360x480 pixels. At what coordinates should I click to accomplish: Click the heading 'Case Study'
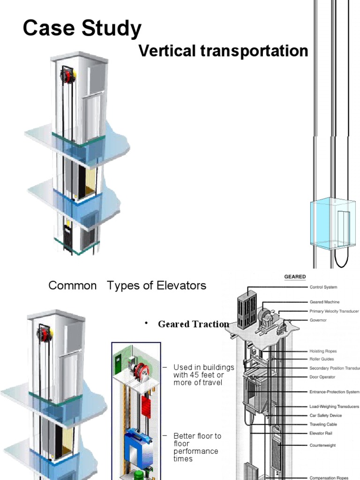click(82, 28)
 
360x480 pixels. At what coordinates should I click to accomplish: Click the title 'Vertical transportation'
click(223, 51)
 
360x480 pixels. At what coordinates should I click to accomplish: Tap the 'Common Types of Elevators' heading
click(127, 285)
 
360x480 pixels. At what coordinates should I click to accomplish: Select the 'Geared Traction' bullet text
click(193, 324)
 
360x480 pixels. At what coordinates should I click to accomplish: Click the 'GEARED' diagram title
click(295, 277)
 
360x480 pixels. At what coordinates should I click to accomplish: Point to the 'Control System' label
click(323, 287)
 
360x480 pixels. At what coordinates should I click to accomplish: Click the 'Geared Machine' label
click(324, 302)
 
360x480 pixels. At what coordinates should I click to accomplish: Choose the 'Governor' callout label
click(318, 320)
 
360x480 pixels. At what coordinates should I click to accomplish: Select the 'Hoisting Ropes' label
click(323, 351)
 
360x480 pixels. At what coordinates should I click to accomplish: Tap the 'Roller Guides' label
click(322, 360)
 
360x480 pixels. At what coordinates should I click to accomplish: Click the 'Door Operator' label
click(322, 376)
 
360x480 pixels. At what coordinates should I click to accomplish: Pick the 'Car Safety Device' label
click(325, 415)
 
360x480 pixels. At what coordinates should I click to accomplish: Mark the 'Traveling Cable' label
click(323, 424)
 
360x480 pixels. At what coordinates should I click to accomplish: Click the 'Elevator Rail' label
click(321, 433)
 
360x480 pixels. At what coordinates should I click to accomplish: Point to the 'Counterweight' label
click(322, 445)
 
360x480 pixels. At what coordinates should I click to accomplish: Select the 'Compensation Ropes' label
click(329, 478)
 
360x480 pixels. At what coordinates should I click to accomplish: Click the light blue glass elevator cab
click(332, 223)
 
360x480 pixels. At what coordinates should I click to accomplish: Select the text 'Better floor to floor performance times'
click(196, 447)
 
